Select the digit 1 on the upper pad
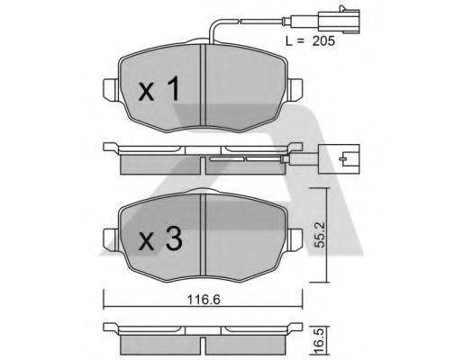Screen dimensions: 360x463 pos(173,90)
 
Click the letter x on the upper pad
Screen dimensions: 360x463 pos(147,92)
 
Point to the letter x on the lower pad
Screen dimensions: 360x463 pos(147,242)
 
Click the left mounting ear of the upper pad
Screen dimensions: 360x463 pos(110,91)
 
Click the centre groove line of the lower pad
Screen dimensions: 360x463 pos(206,236)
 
